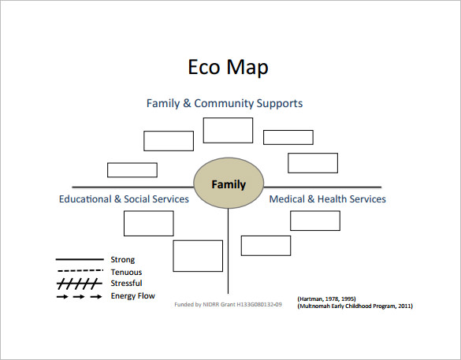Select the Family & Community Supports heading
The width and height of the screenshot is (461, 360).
[x=225, y=103]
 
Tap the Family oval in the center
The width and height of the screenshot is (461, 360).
[x=228, y=186]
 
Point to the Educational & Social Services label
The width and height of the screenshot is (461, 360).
[x=124, y=199]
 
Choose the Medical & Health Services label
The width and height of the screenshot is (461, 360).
[x=327, y=199]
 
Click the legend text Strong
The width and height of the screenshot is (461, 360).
[x=122, y=259]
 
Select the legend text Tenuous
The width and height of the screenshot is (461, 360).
[x=126, y=272]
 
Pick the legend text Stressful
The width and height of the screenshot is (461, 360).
[x=126, y=284]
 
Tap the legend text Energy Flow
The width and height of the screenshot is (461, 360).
[x=132, y=296]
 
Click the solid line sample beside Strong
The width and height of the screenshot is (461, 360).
[x=79, y=259]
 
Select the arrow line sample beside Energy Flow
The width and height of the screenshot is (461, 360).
[x=79, y=297]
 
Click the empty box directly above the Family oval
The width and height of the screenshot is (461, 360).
[x=228, y=130]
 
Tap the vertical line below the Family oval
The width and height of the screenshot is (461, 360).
[x=229, y=252]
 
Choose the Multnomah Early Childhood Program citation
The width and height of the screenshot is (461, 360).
[x=355, y=306]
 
